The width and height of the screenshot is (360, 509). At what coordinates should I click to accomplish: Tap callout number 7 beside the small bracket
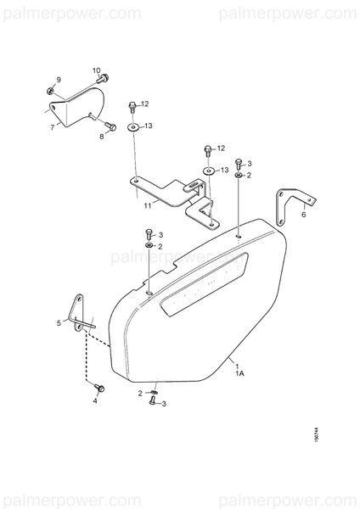pyautogui.click(x=52, y=126)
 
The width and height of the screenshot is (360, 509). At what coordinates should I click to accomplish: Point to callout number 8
pyautogui.click(x=102, y=136)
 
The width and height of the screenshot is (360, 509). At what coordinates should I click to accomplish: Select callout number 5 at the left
pyautogui.click(x=59, y=323)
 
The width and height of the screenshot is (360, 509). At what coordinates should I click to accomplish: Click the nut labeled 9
pyautogui.click(x=51, y=89)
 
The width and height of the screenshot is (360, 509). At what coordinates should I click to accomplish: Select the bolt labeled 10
pyautogui.click(x=104, y=79)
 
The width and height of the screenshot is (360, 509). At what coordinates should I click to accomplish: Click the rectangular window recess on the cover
pyautogui.click(x=208, y=284)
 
